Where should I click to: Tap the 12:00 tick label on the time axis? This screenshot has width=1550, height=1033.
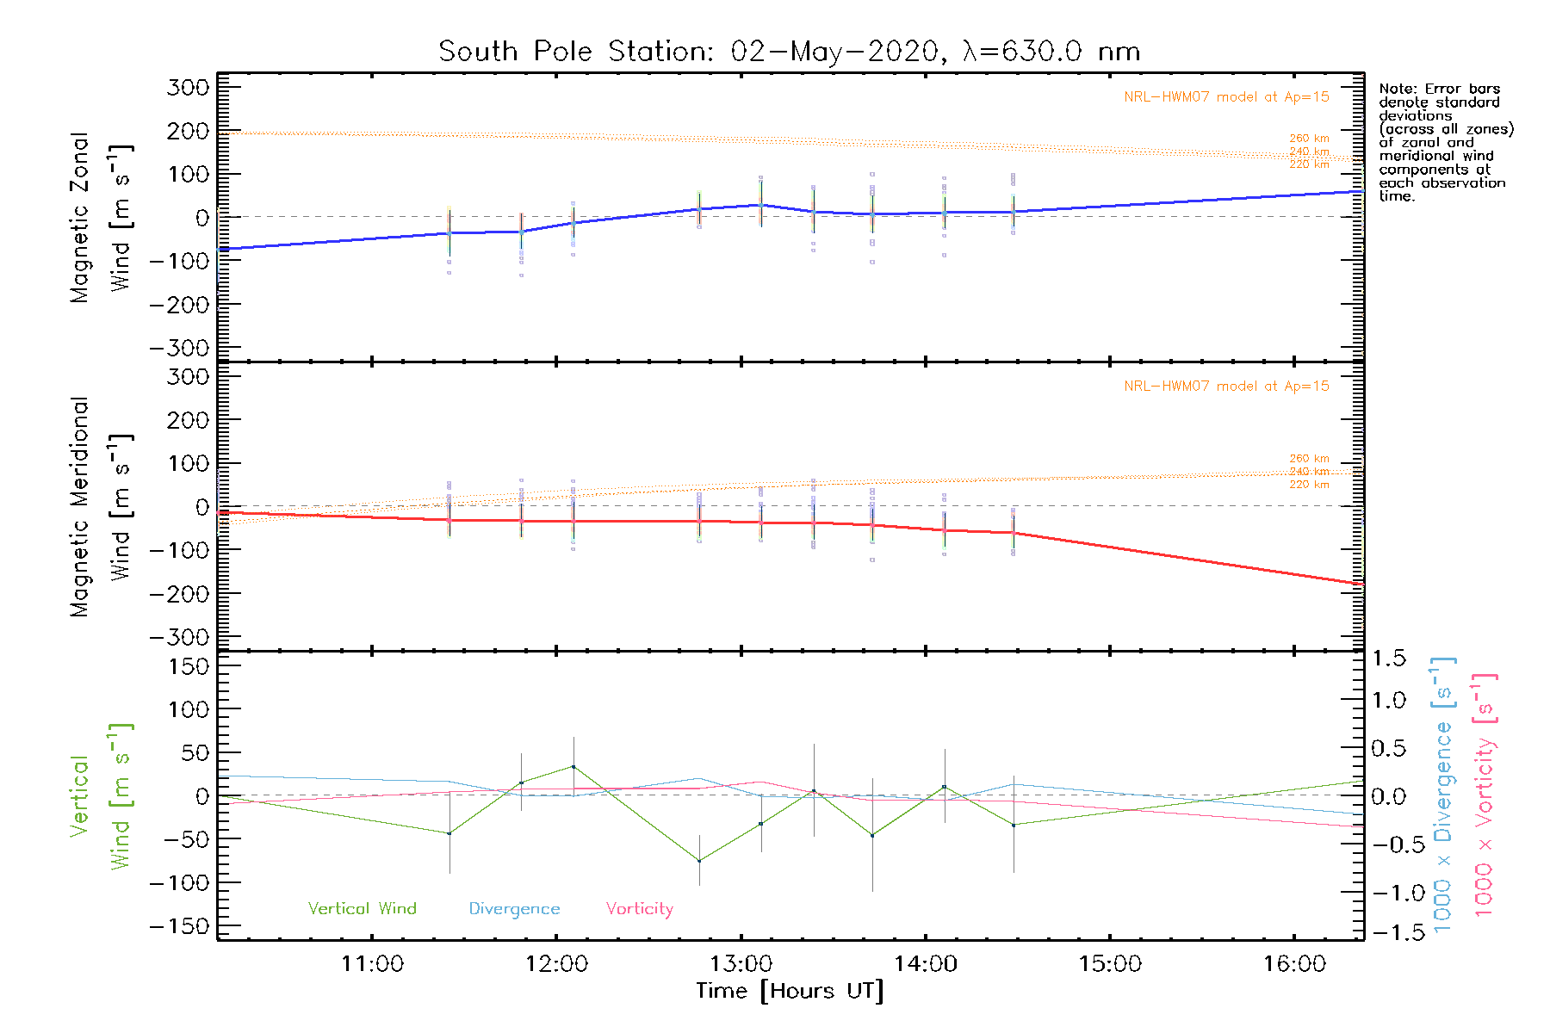[x=556, y=963]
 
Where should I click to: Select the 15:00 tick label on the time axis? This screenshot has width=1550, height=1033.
[x=1110, y=963]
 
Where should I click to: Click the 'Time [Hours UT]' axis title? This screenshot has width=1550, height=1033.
[x=790, y=991]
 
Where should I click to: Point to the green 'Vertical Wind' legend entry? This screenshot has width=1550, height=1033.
[x=362, y=908]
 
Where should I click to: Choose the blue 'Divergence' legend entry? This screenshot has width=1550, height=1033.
[x=514, y=908]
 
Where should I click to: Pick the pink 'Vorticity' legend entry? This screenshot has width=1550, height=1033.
[x=639, y=908]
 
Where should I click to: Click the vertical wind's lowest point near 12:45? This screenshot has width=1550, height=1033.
[x=699, y=860]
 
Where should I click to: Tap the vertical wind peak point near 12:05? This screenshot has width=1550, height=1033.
[x=573, y=766]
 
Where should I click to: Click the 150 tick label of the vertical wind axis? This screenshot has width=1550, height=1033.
[x=189, y=666]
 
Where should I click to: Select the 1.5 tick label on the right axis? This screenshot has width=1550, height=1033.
[x=1389, y=659]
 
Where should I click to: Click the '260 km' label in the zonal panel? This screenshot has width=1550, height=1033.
[x=1309, y=138]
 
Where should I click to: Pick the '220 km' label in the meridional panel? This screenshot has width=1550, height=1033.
[x=1309, y=485]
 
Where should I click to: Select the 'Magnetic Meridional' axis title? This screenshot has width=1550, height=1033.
[x=80, y=507]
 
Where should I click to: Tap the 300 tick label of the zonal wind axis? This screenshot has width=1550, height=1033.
[x=189, y=87]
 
